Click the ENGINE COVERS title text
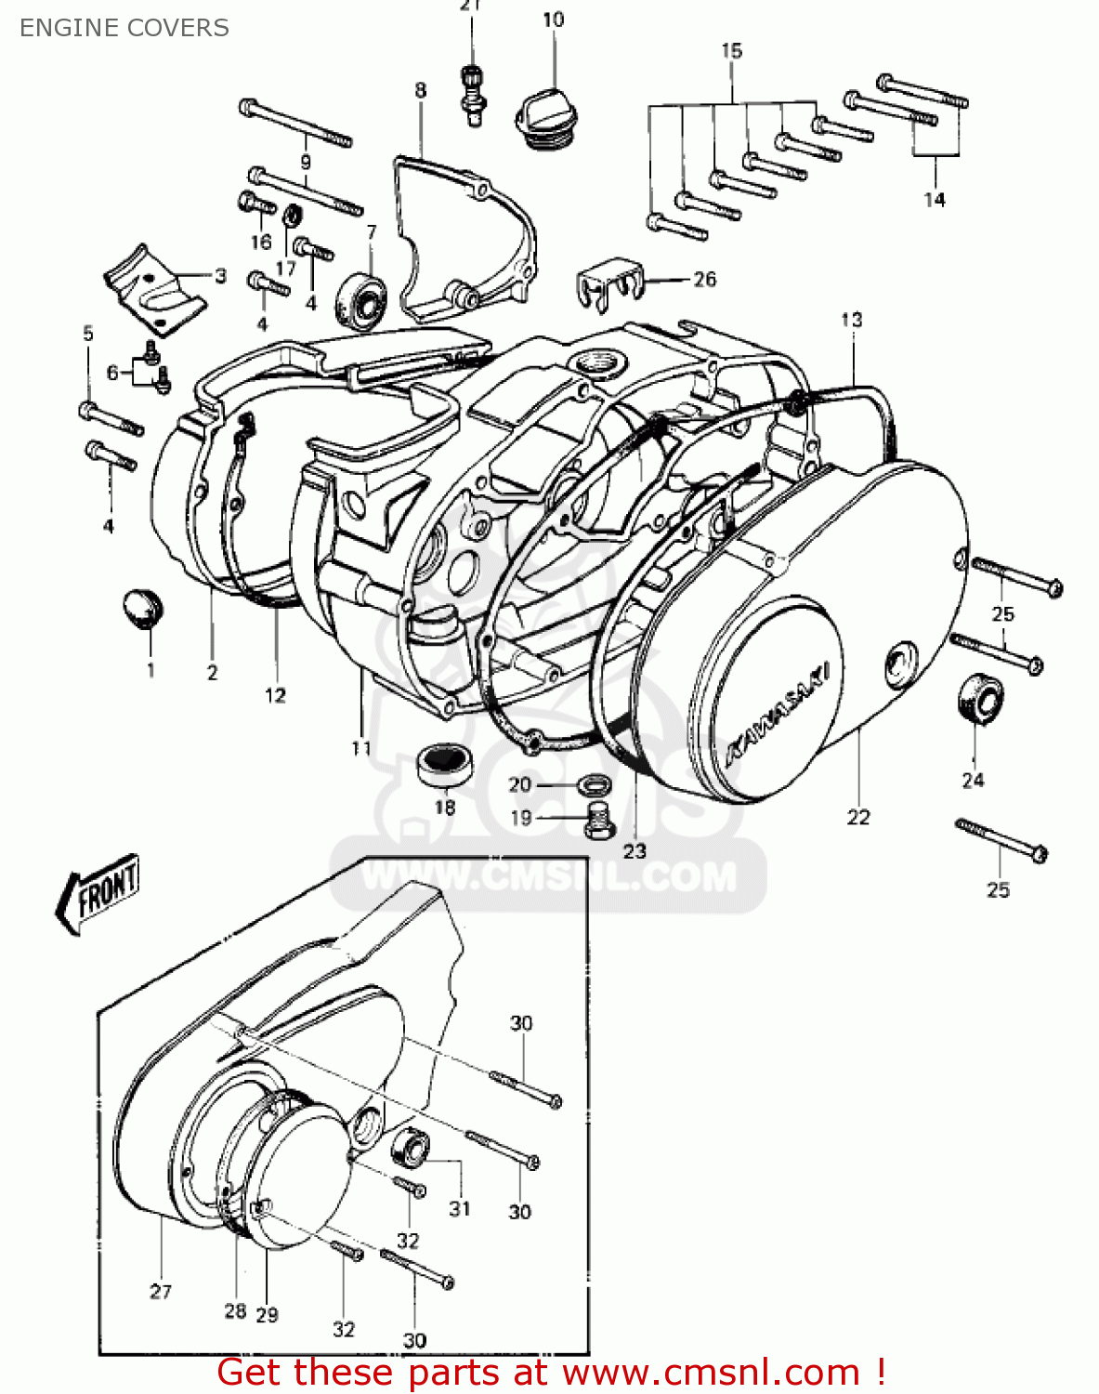coord(124,28)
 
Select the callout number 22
coord(857,817)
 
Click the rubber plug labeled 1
coord(142,608)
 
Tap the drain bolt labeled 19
coord(596,819)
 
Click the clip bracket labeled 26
coord(608,279)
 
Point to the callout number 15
coord(732,51)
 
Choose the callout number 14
coord(934,200)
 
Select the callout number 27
coord(161,1291)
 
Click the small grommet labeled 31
coord(410,1149)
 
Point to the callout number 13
coord(851,320)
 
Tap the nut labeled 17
coord(291,217)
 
